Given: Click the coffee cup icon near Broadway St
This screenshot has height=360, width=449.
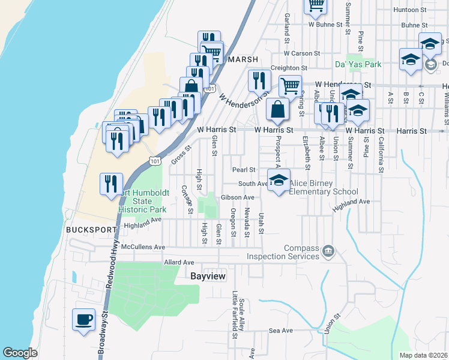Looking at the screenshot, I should coord(83,319).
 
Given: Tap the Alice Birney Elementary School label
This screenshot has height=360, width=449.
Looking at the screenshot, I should coord(324,188).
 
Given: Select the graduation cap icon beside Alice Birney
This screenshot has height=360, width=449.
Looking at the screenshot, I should coord(279,181).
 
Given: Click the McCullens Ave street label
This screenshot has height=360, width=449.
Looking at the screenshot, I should coord(143,247).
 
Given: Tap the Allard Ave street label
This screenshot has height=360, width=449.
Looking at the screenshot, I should coord(179,263).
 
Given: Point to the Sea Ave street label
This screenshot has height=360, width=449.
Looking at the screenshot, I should coord(280,331).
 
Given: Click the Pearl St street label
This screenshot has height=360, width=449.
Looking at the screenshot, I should coord(244,170).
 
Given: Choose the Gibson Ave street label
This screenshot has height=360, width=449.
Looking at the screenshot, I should coord(238,197).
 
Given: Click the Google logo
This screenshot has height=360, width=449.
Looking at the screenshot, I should coord(20,353).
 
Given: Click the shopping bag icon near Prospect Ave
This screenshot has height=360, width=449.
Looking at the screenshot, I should coord(277,110).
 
